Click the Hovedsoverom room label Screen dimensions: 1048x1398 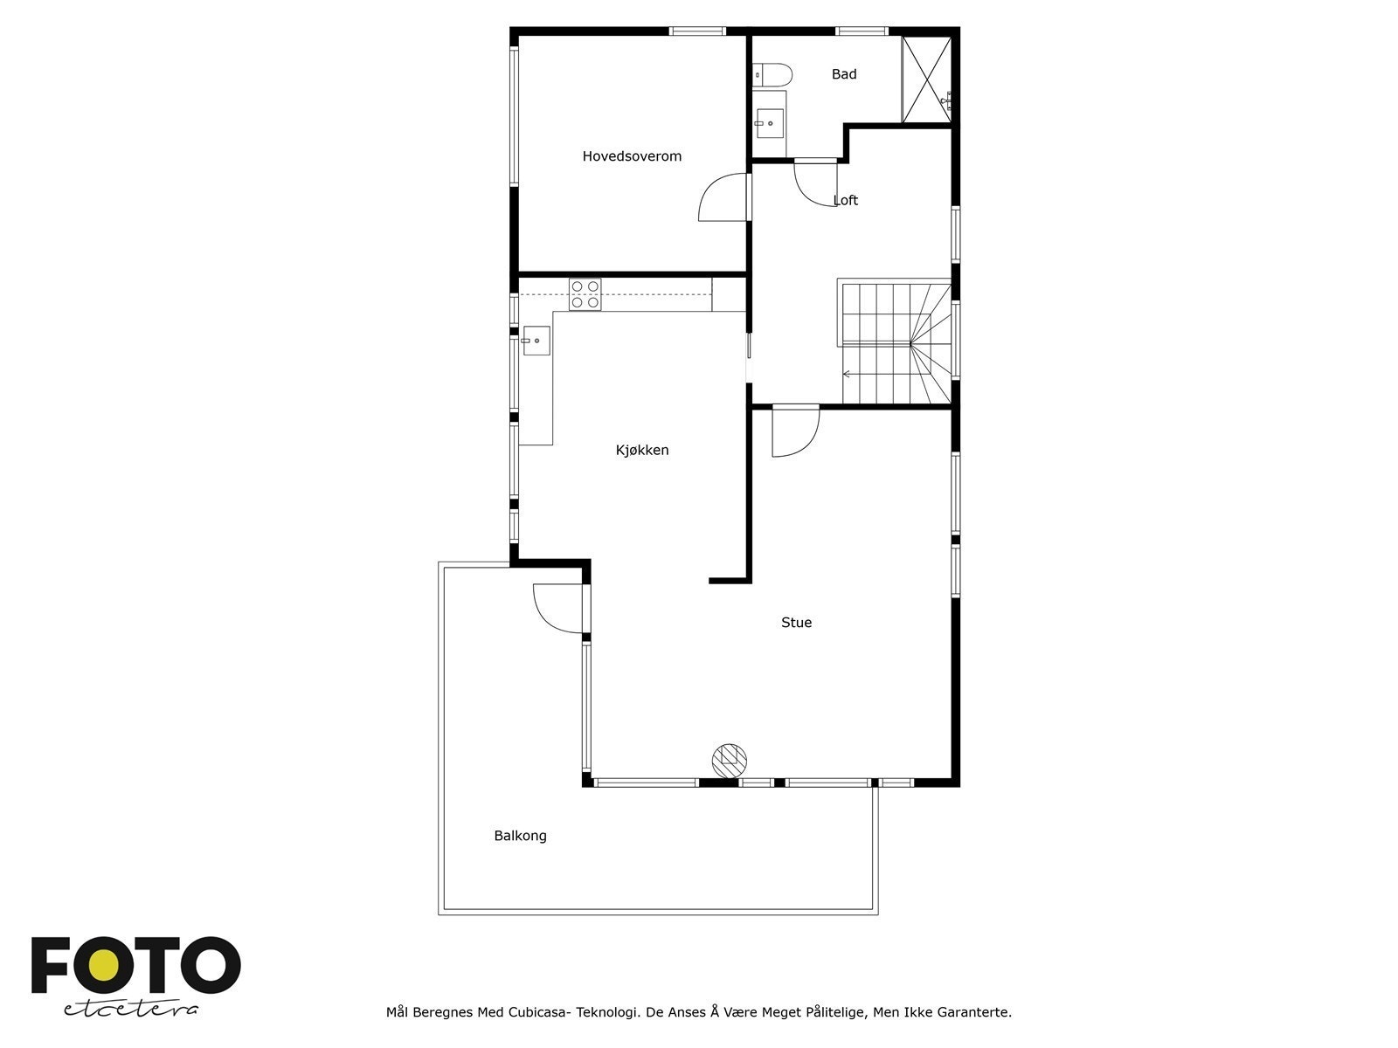pos(632,156)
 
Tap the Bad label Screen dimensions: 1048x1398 pos(843,74)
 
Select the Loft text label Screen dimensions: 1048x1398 pos(846,200)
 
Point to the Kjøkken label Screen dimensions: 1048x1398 pos(642,450)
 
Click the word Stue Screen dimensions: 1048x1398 pos(796,623)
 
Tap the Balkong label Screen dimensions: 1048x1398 pos(520,836)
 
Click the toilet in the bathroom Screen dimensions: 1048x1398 pos(772,75)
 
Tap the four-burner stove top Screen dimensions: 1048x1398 pos(585,295)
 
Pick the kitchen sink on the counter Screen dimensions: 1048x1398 pos(536,341)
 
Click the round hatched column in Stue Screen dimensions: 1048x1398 pos(730,760)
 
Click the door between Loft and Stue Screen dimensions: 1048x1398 pos(795,432)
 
